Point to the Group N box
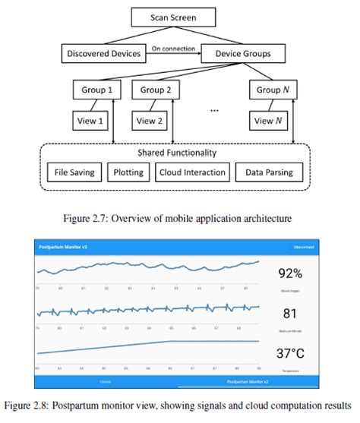pos(273,90)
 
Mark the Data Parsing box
pos(270,172)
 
